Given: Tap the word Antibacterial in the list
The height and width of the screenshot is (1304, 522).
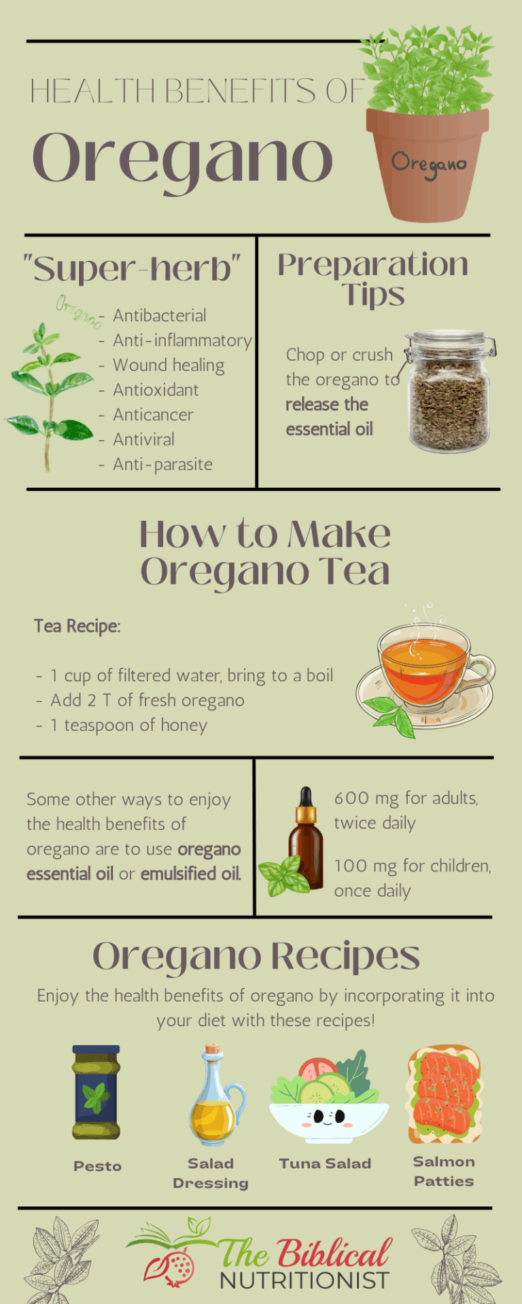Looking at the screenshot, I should [x=159, y=316].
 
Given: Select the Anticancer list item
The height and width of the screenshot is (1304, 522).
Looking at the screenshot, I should [x=153, y=415].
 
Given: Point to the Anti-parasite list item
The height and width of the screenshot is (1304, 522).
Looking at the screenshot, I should [x=162, y=465].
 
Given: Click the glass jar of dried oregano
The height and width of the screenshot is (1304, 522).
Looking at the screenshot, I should [x=449, y=392].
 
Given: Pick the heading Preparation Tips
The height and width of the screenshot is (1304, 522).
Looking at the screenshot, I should [x=372, y=278].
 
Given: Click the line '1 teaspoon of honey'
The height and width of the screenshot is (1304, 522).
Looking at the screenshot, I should [x=128, y=725].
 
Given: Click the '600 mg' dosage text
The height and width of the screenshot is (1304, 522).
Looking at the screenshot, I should [x=362, y=798].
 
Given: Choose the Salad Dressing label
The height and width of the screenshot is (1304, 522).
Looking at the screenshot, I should [x=211, y=1173].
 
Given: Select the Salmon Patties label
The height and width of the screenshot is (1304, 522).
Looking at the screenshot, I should [x=444, y=1171].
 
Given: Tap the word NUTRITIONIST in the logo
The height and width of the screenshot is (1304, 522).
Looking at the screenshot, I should [x=304, y=1280].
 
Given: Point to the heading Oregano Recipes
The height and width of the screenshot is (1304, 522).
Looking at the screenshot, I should [x=256, y=956].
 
